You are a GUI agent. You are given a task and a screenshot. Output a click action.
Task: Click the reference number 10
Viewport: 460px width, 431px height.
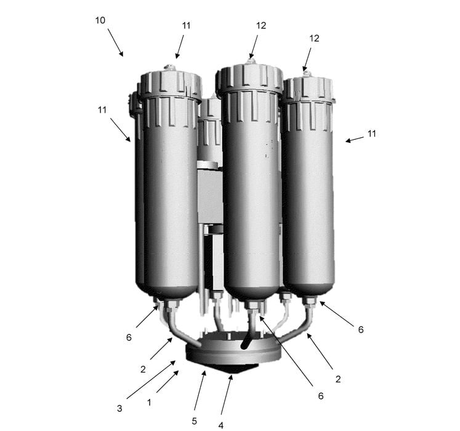point(100,20)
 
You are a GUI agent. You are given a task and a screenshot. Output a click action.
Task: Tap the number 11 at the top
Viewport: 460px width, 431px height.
point(187,25)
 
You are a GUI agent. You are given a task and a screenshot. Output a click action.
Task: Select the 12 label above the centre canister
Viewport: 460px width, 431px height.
point(261,25)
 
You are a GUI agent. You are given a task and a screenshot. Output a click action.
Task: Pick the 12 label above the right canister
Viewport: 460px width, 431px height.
point(314,38)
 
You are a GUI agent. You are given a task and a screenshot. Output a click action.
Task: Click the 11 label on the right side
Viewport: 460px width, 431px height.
point(372,134)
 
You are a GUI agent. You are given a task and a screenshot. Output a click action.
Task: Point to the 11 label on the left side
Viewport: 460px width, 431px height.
point(102,110)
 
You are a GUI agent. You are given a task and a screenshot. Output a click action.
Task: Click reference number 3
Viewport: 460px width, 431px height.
point(119,408)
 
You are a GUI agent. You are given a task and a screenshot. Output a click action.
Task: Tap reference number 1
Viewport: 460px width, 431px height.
point(149,402)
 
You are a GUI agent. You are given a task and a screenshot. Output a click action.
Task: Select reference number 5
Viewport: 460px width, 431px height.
point(194,421)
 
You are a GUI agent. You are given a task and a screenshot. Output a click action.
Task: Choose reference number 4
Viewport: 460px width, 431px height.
point(221,425)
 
